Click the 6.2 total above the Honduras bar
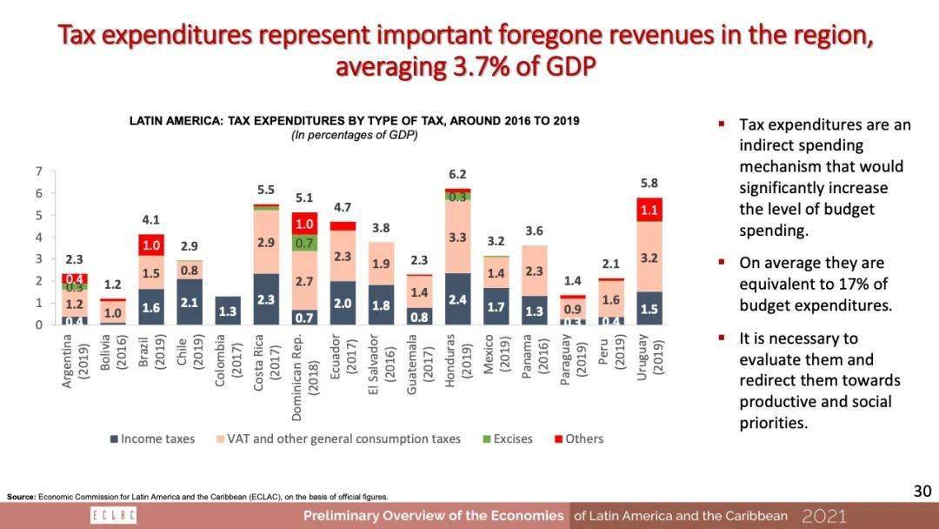pyautogui.click(x=457, y=174)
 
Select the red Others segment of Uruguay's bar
pyautogui.click(x=649, y=210)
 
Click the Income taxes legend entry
pyautogui.click(x=152, y=439)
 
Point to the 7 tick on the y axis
pyautogui.click(x=39, y=171)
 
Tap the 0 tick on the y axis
pyautogui.click(x=39, y=325)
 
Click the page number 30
pyautogui.click(x=922, y=492)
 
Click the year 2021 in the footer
pyautogui.click(x=823, y=516)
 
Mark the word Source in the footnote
pyautogui.click(x=21, y=497)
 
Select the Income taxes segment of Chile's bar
pyautogui.click(x=190, y=302)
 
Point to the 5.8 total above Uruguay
pyautogui.click(x=649, y=184)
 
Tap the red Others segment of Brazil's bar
pyautogui.click(x=151, y=244)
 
